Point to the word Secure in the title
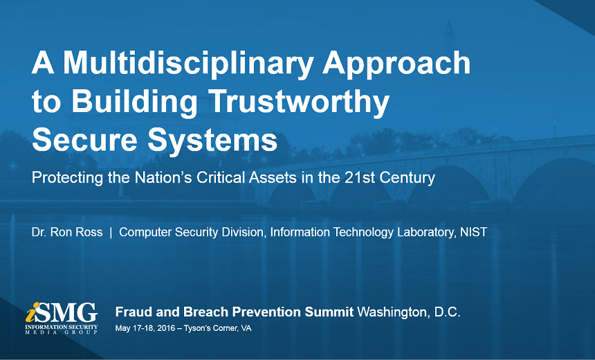(x=84, y=139)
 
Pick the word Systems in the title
(x=212, y=141)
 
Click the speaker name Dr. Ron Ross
(x=67, y=232)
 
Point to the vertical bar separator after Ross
(x=111, y=233)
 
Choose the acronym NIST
(x=473, y=232)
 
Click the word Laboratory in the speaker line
(x=426, y=233)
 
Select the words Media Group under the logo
(x=62, y=333)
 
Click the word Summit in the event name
(x=329, y=312)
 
